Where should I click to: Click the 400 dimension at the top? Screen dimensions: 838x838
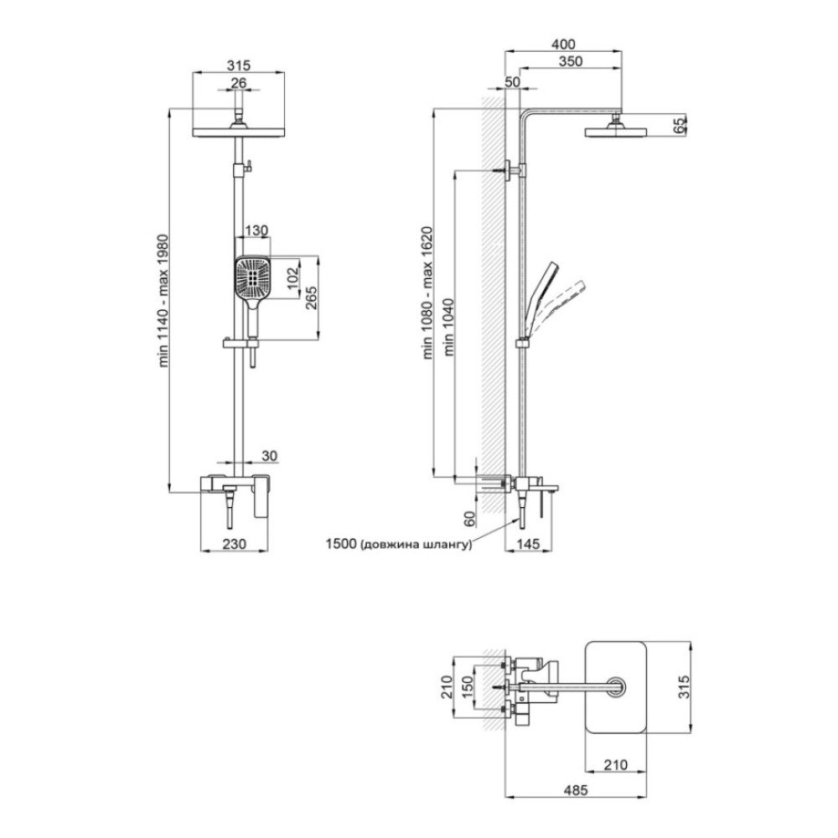coord(563,44)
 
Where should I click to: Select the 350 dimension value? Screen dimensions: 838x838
coord(570,61)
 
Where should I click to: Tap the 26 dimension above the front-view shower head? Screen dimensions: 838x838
coord(238,83)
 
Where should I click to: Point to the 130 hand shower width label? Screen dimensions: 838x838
coord(256,231)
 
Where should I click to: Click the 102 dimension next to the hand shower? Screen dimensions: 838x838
coord(293,277)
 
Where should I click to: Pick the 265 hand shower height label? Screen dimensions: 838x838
coord(311,297)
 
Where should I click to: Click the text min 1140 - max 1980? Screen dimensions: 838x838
coord(163,300)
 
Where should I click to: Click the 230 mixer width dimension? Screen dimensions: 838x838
coord(234,544)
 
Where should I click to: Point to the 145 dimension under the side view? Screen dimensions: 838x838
coord(528,544)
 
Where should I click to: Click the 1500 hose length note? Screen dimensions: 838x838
coord(399,544)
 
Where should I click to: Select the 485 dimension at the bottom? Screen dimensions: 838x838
coord(575,789)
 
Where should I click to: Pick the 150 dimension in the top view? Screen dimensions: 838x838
coord(467,687)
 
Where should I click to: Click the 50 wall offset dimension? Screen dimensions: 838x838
coord(512,82)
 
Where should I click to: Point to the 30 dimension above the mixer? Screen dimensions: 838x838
coord(270,455)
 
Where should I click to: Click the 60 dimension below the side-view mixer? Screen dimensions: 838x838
coord(468,518)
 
